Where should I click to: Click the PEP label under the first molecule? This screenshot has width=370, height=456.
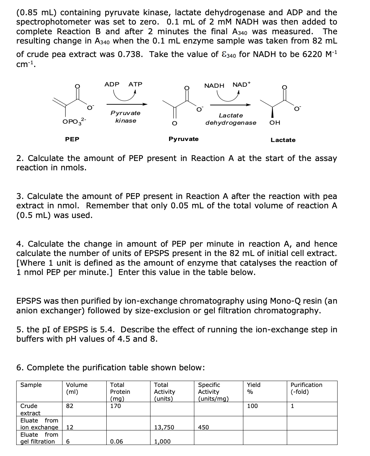(72, 139)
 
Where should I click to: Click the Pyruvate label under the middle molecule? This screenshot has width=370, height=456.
(183, 139)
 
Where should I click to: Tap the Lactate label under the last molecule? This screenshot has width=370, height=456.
(283, 140)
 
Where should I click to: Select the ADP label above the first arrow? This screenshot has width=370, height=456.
(112, 84)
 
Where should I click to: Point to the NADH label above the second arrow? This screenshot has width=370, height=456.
(214, 85)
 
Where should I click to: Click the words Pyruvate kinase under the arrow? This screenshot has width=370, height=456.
(125, 117)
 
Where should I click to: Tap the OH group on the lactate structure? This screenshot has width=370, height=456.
(275, 123)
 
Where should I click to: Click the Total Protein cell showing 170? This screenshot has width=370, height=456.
(115, 406)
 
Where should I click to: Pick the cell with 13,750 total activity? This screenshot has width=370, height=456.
(164, 427)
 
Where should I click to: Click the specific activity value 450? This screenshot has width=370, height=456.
(203, 427)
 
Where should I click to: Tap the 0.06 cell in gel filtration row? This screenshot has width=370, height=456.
(116, 441)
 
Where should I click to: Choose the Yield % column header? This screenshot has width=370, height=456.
(253, 388)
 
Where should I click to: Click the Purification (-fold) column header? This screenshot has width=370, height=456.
(306, 388)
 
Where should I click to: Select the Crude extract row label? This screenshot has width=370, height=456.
(30, 409)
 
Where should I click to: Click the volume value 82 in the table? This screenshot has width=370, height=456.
(69, 406)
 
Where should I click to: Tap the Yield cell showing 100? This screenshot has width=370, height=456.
(252, 406)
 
